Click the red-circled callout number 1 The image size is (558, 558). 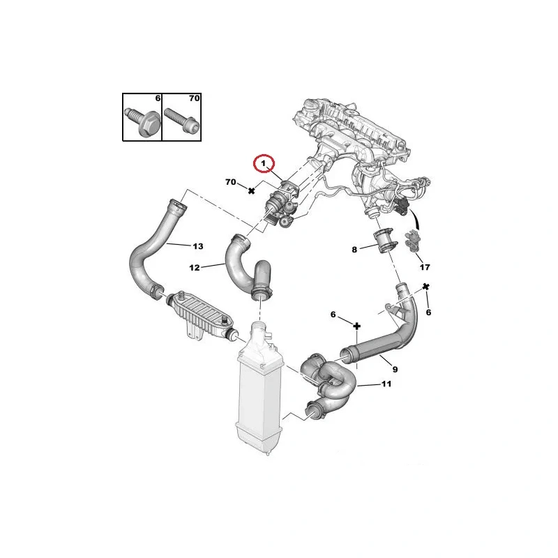click(x=264, y=164)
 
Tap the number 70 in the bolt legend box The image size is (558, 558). click(x=195, y=98)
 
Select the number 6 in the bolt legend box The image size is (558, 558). click(x=158, y=98)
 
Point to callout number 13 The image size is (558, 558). click(x=198, y=246)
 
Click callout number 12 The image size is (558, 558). click(x=195, y=268)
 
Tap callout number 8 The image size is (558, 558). click(x=354, y=250)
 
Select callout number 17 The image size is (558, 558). click(x=425, y=267)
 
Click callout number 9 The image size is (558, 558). click(x=395, y=370)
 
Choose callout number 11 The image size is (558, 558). click(x=386, y=384)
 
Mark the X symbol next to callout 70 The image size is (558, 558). click(x=251, y=190)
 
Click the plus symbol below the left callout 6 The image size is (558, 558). click(x=357, y=326)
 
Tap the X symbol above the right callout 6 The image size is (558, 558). click(x=426, y=287)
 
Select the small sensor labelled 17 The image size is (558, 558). click(x=412, y=241)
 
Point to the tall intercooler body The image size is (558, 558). click(x=259, y=389)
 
